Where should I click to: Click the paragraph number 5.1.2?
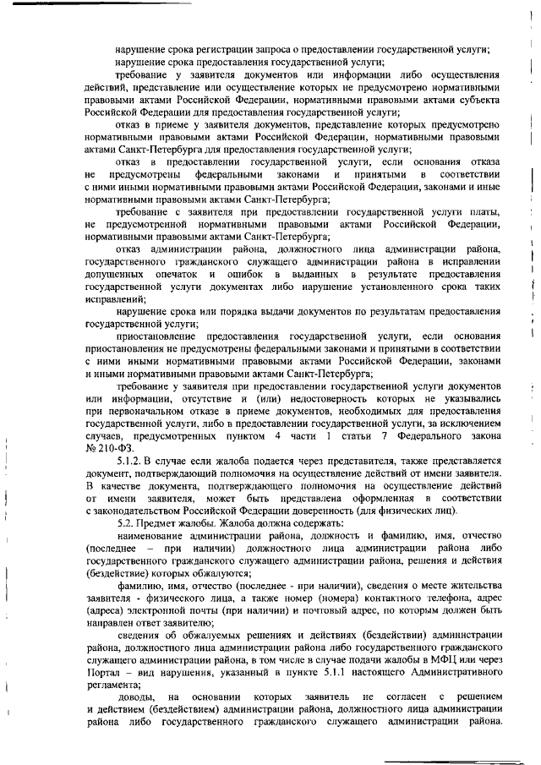[x=132, y=460]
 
